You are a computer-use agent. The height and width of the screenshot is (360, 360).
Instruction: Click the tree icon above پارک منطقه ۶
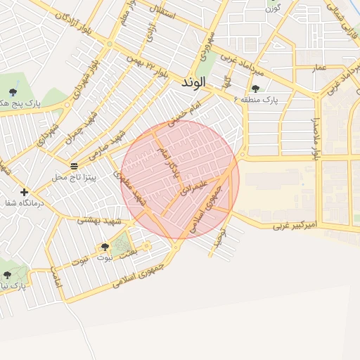click(255, 89)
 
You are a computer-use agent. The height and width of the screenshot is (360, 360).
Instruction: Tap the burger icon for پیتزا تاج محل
click(74, 166)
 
